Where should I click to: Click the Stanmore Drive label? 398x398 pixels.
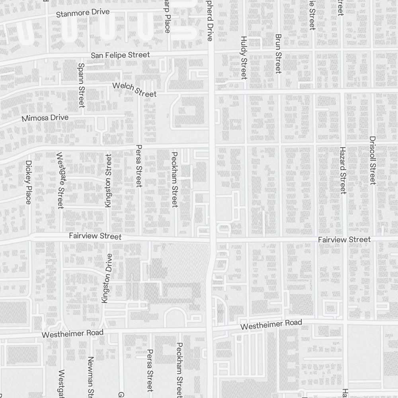(x=83, y=13)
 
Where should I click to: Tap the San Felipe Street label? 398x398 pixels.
(x=120, y=55)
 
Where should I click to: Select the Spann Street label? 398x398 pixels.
(x=81, y=85)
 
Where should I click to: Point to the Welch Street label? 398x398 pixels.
(x=135, y=89)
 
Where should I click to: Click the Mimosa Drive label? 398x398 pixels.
(x=45, y=118)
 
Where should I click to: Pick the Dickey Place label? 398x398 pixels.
(x=28, y=182)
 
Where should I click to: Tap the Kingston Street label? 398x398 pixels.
(x=108, y=180)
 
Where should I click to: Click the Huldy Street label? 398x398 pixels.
(x=244, y=57)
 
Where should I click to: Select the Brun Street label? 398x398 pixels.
(x=278, y=53)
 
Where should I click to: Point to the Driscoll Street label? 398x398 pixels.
(x=373, y=160)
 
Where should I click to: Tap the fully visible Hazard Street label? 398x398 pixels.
(x=343, y=170)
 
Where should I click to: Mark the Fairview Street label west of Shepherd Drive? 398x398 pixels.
(x=95, y=236)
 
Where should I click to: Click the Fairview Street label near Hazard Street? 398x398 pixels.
(x=344, y=240)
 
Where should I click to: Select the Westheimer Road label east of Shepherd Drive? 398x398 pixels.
(x=271, y=324)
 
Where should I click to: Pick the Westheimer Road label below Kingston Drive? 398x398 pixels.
(x=72, y=334)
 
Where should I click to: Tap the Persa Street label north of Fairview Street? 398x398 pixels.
(x=139, y=165)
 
